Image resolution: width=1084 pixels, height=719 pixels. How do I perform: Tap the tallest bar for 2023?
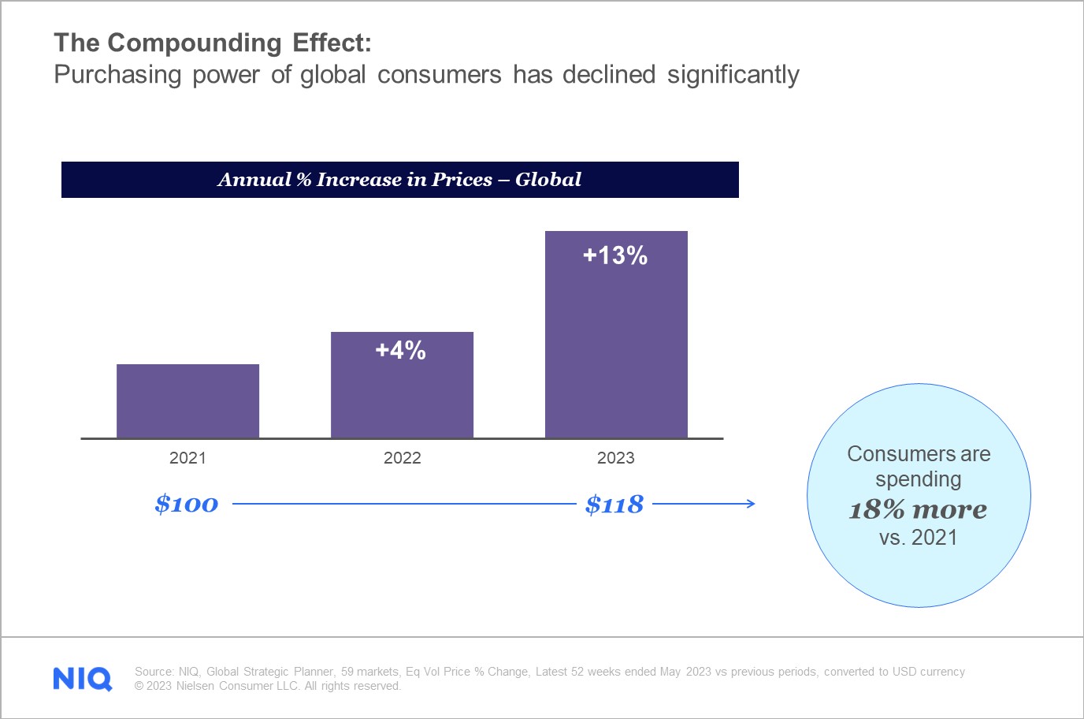point(616,347)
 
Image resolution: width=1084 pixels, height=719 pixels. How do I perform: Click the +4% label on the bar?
point(401,351)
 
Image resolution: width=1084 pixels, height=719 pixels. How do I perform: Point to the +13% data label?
point(615,255)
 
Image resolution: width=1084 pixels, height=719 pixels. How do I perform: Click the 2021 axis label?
point(187,458)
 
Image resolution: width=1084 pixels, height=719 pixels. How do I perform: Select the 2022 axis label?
point(402,458)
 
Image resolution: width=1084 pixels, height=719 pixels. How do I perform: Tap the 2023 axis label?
point(615,458)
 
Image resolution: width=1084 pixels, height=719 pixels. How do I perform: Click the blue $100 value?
point(187,505)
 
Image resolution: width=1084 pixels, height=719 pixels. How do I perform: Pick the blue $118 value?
point(614,505)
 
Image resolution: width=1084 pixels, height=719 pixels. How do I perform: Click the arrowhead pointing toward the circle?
point(751,504)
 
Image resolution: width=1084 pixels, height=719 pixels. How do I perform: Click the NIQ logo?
point(83,679)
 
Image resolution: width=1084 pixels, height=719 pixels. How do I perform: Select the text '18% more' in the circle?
point(918,509)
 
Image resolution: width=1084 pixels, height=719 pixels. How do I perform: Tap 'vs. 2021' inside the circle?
point(918,538)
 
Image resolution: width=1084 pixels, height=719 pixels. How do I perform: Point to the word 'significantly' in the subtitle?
point(733,75)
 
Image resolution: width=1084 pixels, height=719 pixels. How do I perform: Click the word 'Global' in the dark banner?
point(548,180)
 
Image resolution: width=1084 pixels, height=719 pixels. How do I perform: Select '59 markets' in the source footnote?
point(369,672)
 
